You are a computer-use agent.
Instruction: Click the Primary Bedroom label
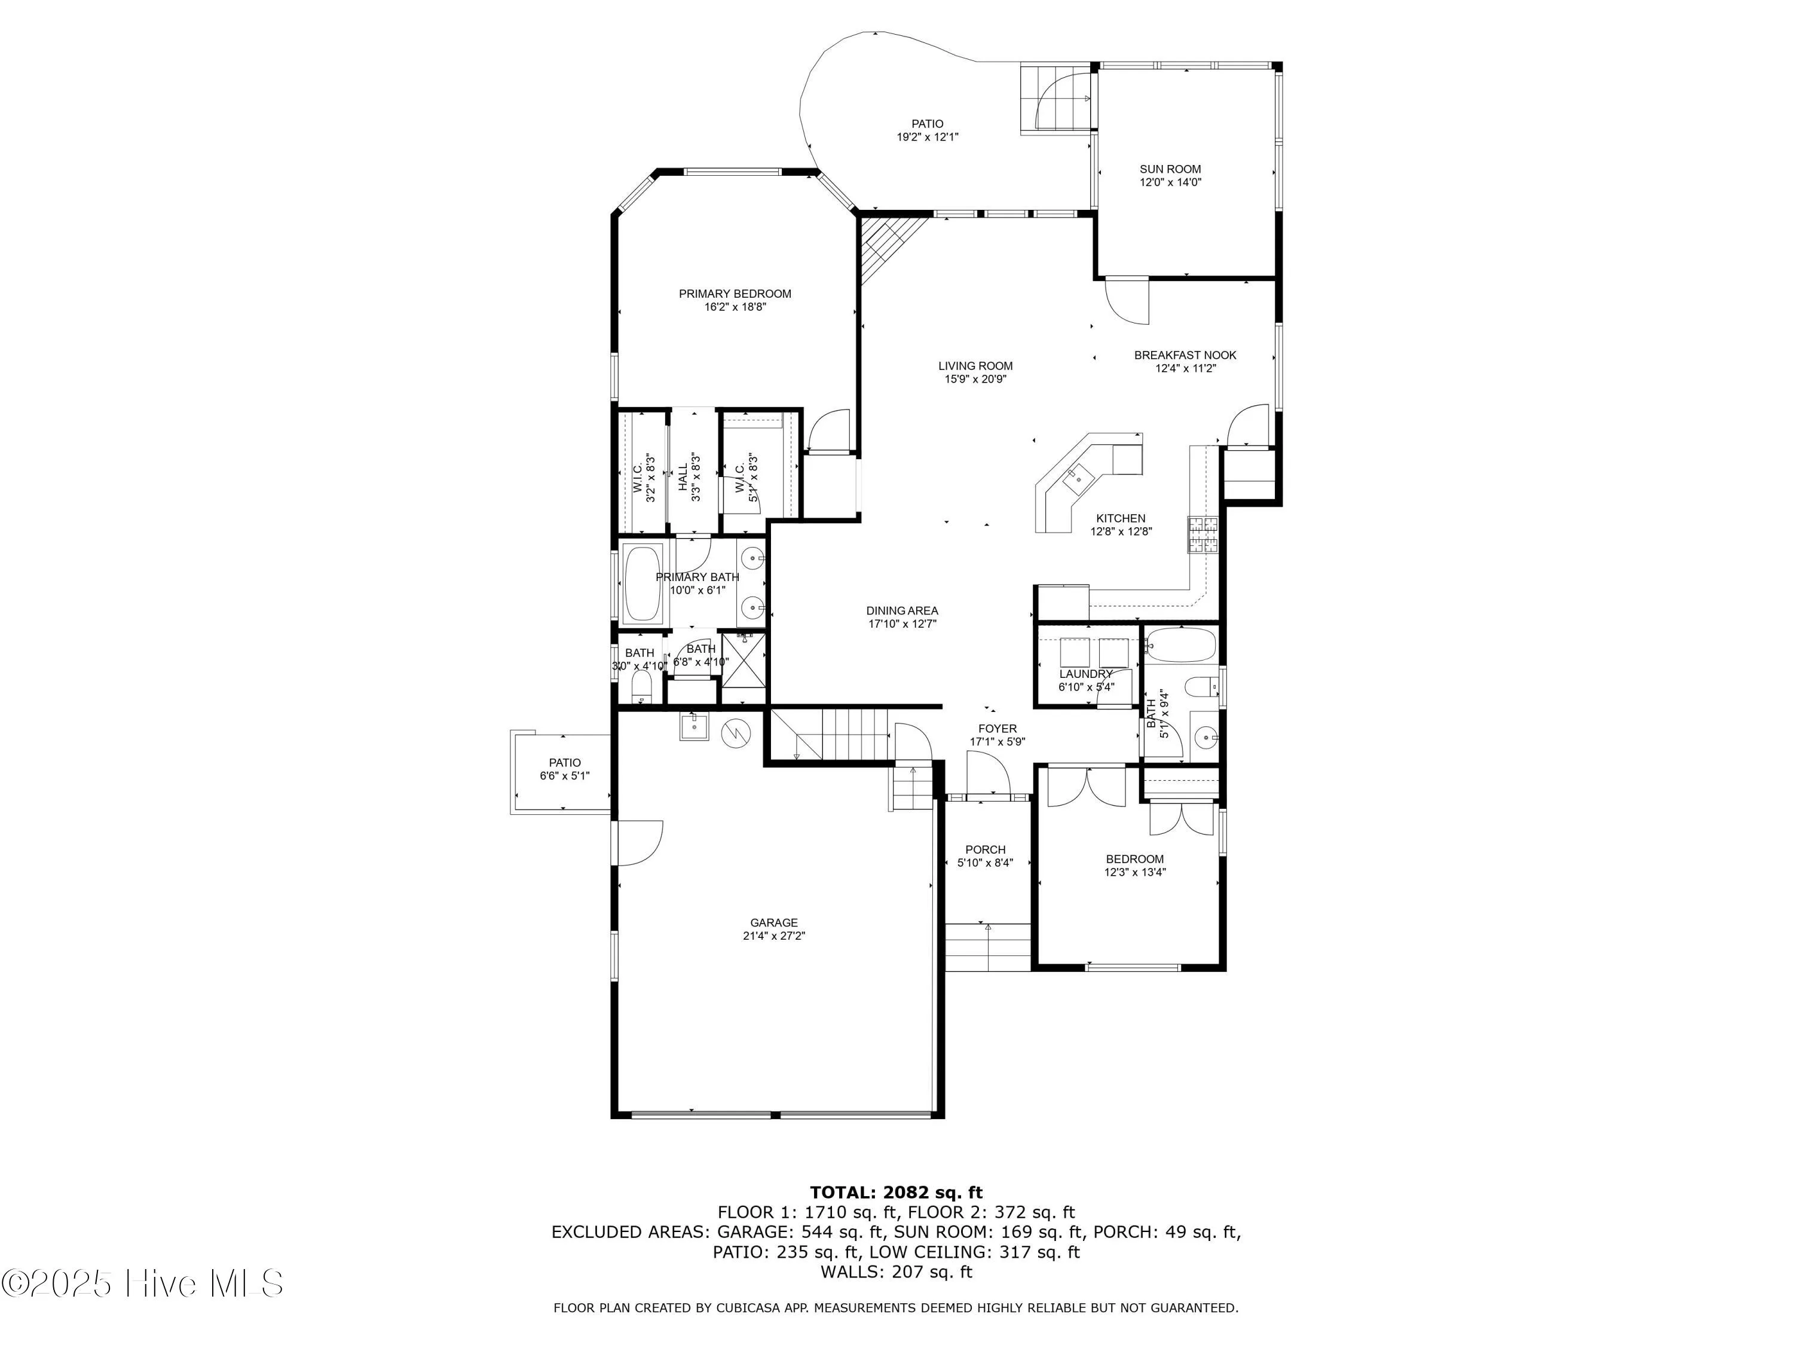point(735,294)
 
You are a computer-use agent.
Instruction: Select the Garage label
point(773,922)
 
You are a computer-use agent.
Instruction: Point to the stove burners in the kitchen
point(1204,535)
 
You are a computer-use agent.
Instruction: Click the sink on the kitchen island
point(1078,479)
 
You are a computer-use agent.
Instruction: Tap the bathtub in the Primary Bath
point(642,583)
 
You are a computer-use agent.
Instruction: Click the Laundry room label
point(1085,674)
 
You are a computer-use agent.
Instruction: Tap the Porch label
point(985,849)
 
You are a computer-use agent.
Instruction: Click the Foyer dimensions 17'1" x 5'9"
point(997,742)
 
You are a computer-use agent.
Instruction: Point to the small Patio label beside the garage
point(564,763)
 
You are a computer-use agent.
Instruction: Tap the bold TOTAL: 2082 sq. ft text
point(896,1193)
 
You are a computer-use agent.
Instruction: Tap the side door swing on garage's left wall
point(639,843)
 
